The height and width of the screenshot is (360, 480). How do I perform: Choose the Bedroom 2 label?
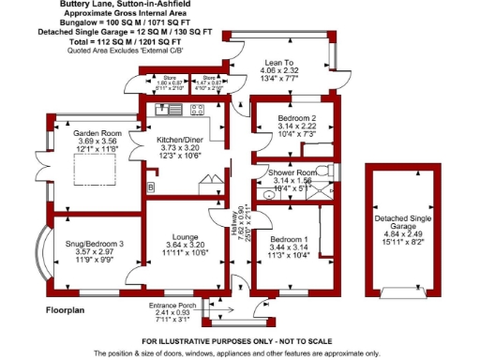click(x=294, y=118)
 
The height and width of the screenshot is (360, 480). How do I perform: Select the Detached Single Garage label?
click(x=406, y=222)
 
